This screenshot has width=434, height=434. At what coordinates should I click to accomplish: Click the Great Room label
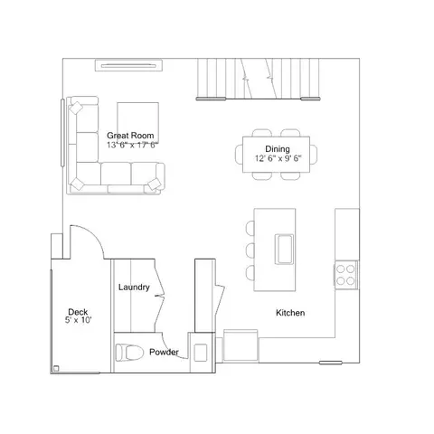point(130,136)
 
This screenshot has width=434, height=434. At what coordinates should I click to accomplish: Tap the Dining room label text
point(278,149)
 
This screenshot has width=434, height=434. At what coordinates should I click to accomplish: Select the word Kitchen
point(290,313)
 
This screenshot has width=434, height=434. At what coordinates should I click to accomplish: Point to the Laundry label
point(134,288)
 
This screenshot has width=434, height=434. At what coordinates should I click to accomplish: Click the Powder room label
point(164,352)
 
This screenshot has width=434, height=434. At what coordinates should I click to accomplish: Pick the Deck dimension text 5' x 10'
point(78,320)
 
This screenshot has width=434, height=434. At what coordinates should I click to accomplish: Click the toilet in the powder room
point(129,352)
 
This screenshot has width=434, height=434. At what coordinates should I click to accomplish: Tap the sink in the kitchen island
point(284,250)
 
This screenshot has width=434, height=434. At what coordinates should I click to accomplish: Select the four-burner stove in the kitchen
point(345,275)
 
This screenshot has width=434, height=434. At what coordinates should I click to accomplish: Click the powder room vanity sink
point(201,353)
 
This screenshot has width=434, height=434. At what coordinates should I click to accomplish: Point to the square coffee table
point(138,123)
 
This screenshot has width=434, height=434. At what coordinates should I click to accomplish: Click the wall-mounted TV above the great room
point(129,65)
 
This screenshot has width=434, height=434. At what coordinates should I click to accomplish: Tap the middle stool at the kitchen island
point(250,250)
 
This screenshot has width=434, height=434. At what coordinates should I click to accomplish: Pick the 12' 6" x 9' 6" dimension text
point(278,158)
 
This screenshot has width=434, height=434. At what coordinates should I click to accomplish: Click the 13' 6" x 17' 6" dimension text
point(133,145)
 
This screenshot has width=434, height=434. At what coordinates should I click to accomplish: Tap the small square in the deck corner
point(56,368)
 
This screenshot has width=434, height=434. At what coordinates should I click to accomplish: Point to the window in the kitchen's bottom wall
point(331,363)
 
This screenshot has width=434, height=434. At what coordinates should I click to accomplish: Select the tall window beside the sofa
point(62,133)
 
